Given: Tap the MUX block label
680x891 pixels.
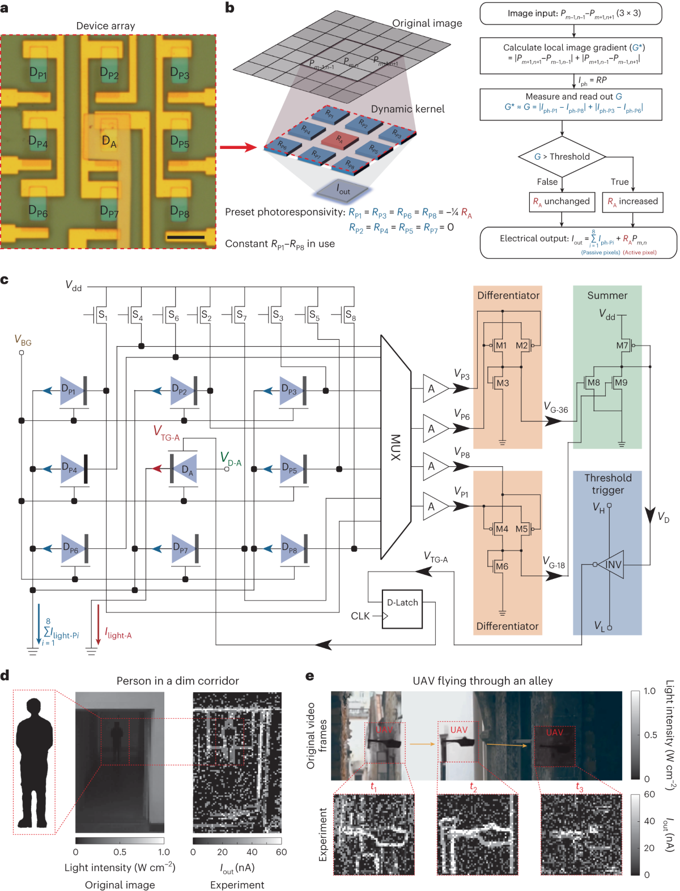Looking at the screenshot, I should (x=395, y=447).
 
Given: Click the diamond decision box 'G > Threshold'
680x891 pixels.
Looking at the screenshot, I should (x=562, y=157).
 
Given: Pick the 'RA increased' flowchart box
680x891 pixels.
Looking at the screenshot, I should (x=633, y=202).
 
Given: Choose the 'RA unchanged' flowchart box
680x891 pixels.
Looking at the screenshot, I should (x=561, y=202).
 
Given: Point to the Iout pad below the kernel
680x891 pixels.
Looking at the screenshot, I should (x=343, y=190).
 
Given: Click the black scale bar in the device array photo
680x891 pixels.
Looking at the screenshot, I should (x=186, y=237).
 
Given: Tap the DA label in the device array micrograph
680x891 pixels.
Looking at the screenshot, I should (x=109, y=141).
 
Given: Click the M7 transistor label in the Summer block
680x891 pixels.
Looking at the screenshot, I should (x=622, y=346).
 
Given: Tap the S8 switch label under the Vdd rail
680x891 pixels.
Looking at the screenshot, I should (x=350, y=314).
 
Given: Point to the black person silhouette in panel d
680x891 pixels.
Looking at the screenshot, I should (x=34, y=762).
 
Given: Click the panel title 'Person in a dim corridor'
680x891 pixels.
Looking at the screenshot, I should (x=177, y=681).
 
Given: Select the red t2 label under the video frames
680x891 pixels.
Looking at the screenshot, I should (x=473, y=787).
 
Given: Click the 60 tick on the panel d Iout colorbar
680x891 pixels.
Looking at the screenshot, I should (x=281, y=852).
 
